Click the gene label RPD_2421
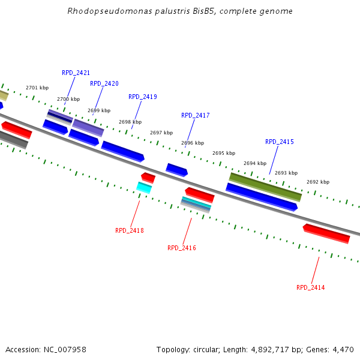click(76, 73)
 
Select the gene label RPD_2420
click(104, 83)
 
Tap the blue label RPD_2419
click(143, 97)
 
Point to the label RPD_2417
click(196, 115)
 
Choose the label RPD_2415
click(280, 142)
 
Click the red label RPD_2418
click(130, 230)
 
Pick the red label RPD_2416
click(182, 248)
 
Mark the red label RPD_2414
click(311, 287)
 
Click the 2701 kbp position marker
click(37, 88)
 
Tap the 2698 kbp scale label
click(130, 122)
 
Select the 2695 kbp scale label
click(224, 153)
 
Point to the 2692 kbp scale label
click(318, 182)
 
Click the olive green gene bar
click(265, 187)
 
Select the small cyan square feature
click(144, 188)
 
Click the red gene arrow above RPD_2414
click(326, 233)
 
